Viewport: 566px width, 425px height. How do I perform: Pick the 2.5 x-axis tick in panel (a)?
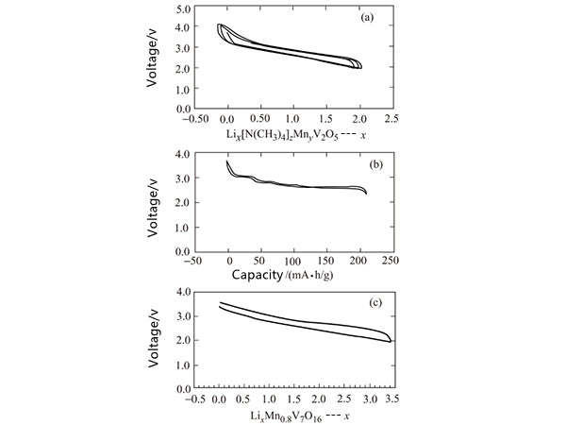click(x=391, y=120)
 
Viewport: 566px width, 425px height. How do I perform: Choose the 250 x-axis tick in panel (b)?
click(x=391, y=261)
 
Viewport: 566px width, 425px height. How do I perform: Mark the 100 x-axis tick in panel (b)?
click(x=293, y=261)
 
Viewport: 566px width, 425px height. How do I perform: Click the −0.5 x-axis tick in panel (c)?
click(x=194, y=399)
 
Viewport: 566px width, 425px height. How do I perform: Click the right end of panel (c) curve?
click(x=391, y=341)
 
